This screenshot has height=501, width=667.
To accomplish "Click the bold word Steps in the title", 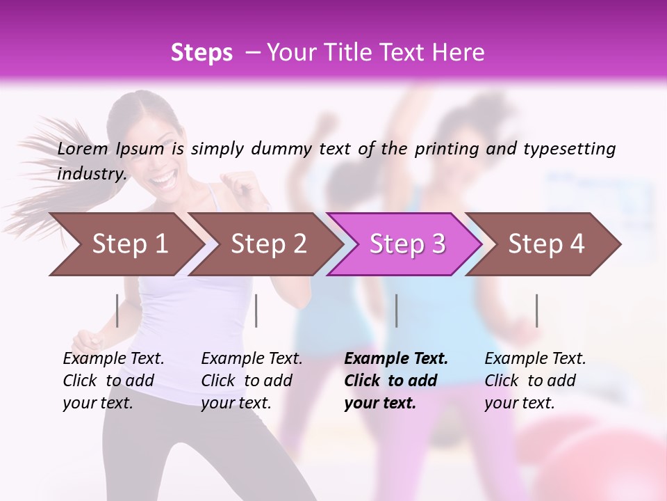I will (201, 53).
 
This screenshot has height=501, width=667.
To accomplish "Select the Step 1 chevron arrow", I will (125, 244).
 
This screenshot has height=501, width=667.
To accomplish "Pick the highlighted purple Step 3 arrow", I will (406, 244).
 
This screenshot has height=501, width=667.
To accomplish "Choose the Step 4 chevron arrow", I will (545, 244).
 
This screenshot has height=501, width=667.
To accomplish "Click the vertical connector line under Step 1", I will (117, 310).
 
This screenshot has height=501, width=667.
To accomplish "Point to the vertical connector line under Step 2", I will (256, 310).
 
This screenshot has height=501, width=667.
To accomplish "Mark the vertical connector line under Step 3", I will (397, 310).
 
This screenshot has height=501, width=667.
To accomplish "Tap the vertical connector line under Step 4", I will (537, 310).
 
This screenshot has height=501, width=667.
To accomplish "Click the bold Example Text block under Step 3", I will (396, 380).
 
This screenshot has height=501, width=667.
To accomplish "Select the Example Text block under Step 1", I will (113, 380).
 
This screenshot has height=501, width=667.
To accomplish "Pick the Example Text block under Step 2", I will (252, 380).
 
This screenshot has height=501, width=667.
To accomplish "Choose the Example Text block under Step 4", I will (535, 380).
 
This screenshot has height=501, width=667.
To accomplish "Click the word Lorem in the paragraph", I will (83, 148).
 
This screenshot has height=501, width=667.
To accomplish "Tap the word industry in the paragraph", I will (90, 173).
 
